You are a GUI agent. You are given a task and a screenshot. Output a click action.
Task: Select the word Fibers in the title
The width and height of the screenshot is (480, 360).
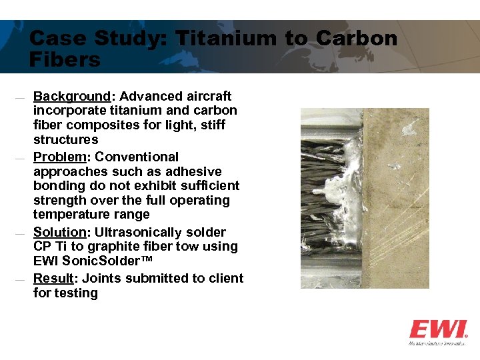click(x=65, y=60)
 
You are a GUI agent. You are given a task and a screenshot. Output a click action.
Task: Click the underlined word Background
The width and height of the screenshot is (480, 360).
click(x=71, y=96)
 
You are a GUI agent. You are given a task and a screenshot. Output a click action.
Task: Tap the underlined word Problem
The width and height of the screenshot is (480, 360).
click(x=59, y=157)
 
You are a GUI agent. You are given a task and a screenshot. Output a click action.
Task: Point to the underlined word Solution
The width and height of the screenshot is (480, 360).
click(x=60, y=232)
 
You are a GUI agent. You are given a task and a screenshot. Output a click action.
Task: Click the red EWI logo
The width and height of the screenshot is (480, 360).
click(x=438, y=329)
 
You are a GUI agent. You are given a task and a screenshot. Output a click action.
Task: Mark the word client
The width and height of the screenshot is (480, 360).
click(x=225, y=278)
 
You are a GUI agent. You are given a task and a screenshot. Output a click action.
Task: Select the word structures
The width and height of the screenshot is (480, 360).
click(x=65, y=140)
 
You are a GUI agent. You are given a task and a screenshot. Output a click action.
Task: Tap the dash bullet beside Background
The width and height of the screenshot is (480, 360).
click(x=20, y=98)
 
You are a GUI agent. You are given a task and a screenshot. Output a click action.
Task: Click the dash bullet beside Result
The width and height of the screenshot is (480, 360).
click(x=20, y=280)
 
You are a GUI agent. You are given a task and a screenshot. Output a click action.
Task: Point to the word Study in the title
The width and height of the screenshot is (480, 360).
click(x=135, y=38)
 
